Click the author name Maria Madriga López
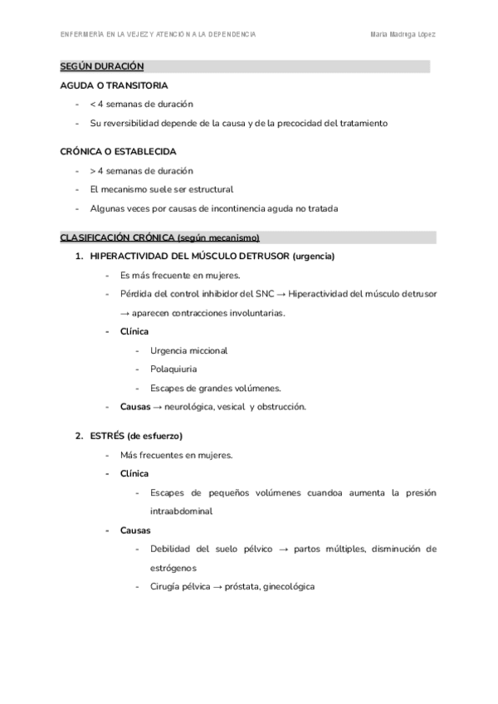pos(403,35)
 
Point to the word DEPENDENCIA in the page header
pos(228,35)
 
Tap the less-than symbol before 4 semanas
pos(92,104)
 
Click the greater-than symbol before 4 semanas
pos(92,170)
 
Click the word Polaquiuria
pos(173,369)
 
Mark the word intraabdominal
pos(181,511)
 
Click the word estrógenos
pos(173,568)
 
